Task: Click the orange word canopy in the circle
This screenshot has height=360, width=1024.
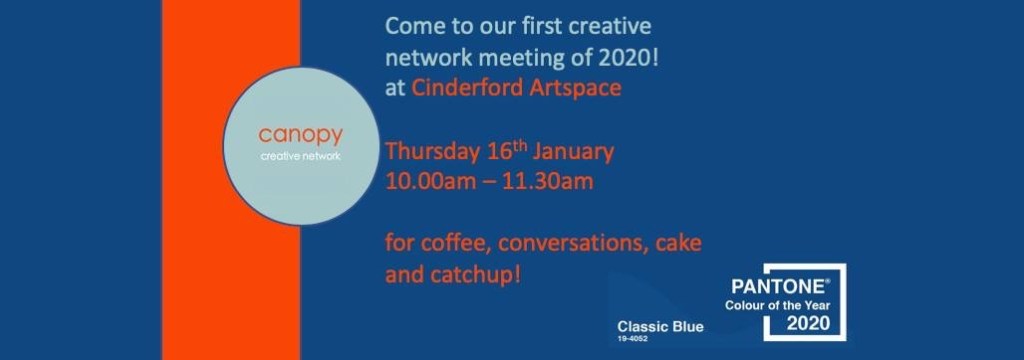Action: tap(300, 136)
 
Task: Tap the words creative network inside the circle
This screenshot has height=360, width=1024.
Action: tap(300, 157)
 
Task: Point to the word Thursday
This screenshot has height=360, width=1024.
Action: tap(433, 153)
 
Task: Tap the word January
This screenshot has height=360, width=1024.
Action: tap(573, 153)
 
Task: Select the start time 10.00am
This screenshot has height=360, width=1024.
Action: tap(432, 181)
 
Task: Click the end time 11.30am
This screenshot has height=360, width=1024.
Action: tap(547, 181)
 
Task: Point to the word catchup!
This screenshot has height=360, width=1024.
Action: tap(475, 275)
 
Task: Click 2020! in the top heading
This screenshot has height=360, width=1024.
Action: tap(628, 57)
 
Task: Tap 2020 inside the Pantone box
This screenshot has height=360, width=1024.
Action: tap(808, 322)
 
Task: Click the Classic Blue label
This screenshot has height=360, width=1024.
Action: tap(660, 327)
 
